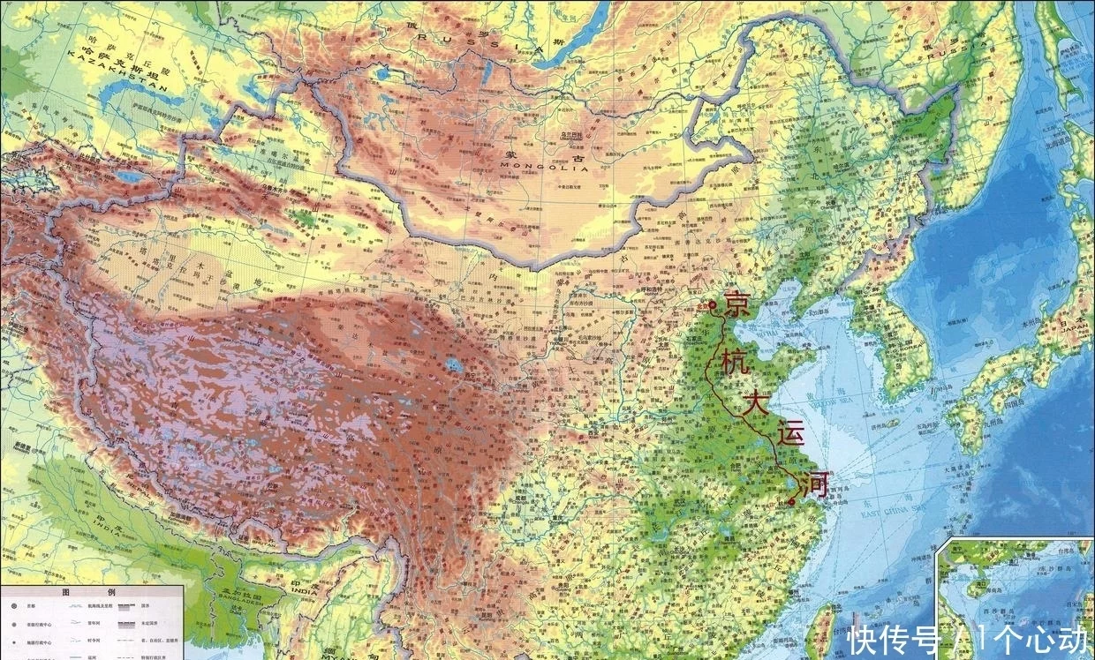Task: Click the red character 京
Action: (738, 304)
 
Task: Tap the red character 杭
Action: (732, 364)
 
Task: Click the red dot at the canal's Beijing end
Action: (713, 305)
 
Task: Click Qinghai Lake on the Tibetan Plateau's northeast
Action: (456, 364)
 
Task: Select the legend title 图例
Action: (84, 594)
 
